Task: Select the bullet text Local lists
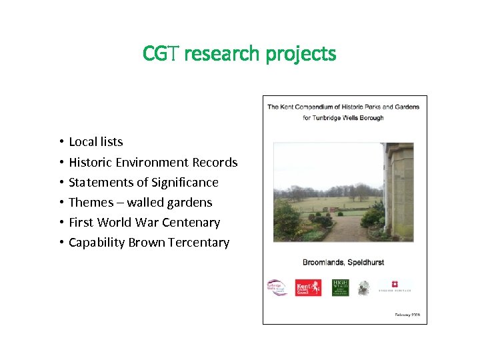96,141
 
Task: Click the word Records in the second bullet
215,162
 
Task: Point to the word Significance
185,182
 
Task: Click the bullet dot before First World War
60,222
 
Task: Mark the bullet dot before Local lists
60,141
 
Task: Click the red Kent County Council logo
308,287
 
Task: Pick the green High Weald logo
340,287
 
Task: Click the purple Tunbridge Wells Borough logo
277,287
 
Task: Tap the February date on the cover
407,315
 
